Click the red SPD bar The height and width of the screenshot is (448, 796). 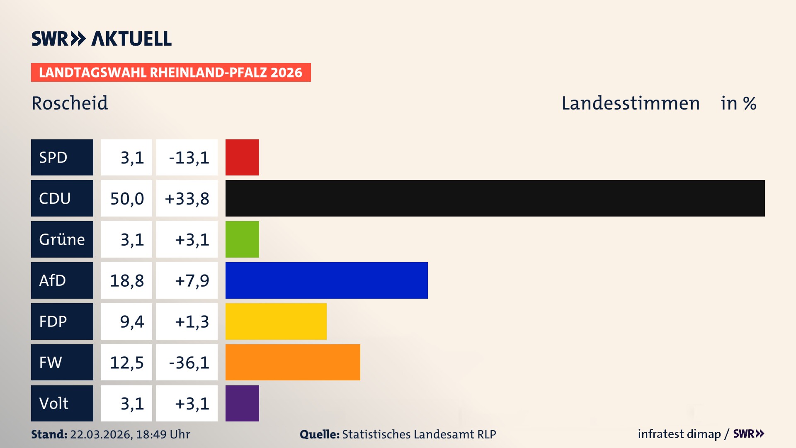(x=242, y=157)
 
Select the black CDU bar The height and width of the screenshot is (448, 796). (x=495, y=198)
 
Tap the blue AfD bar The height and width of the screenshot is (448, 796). (x=326, y=280)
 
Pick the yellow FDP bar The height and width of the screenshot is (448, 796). (x=276, y=321)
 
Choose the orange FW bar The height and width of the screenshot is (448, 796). (x=293, y=362)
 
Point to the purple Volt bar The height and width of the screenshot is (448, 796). (x=242, y=403)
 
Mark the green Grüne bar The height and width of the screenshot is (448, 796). (x=242, y=239)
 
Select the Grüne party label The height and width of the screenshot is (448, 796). (x=62, y=239)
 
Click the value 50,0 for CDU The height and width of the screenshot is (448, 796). (x=127, y=199)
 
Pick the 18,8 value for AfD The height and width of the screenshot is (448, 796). (x=127, y=281)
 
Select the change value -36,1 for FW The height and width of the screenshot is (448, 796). (x=189, y=363)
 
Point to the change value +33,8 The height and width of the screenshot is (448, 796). (x=187, y=199)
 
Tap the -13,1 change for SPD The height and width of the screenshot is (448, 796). (x=189, y=158)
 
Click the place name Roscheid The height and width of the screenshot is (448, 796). (x=70, y=103)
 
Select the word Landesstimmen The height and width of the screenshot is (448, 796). (x=630, y=103)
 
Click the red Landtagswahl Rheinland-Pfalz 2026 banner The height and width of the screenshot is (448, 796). (x=171, y=73)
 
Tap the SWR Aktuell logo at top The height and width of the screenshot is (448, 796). (x=102, y=39)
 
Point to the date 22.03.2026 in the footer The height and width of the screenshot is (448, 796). (x=101, y=434)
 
